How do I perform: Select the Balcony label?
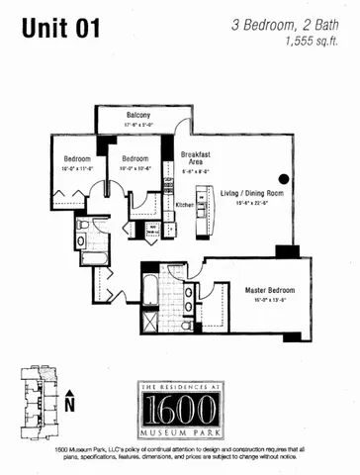coord(137,116)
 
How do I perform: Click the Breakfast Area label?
coord(192,158)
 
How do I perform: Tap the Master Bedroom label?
coord(266,289)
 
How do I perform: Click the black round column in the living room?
coord(284,179)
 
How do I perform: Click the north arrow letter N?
coord(69,405)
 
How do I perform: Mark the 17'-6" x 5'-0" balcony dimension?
coord(137,125)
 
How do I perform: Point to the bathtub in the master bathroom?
coord(149,289)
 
